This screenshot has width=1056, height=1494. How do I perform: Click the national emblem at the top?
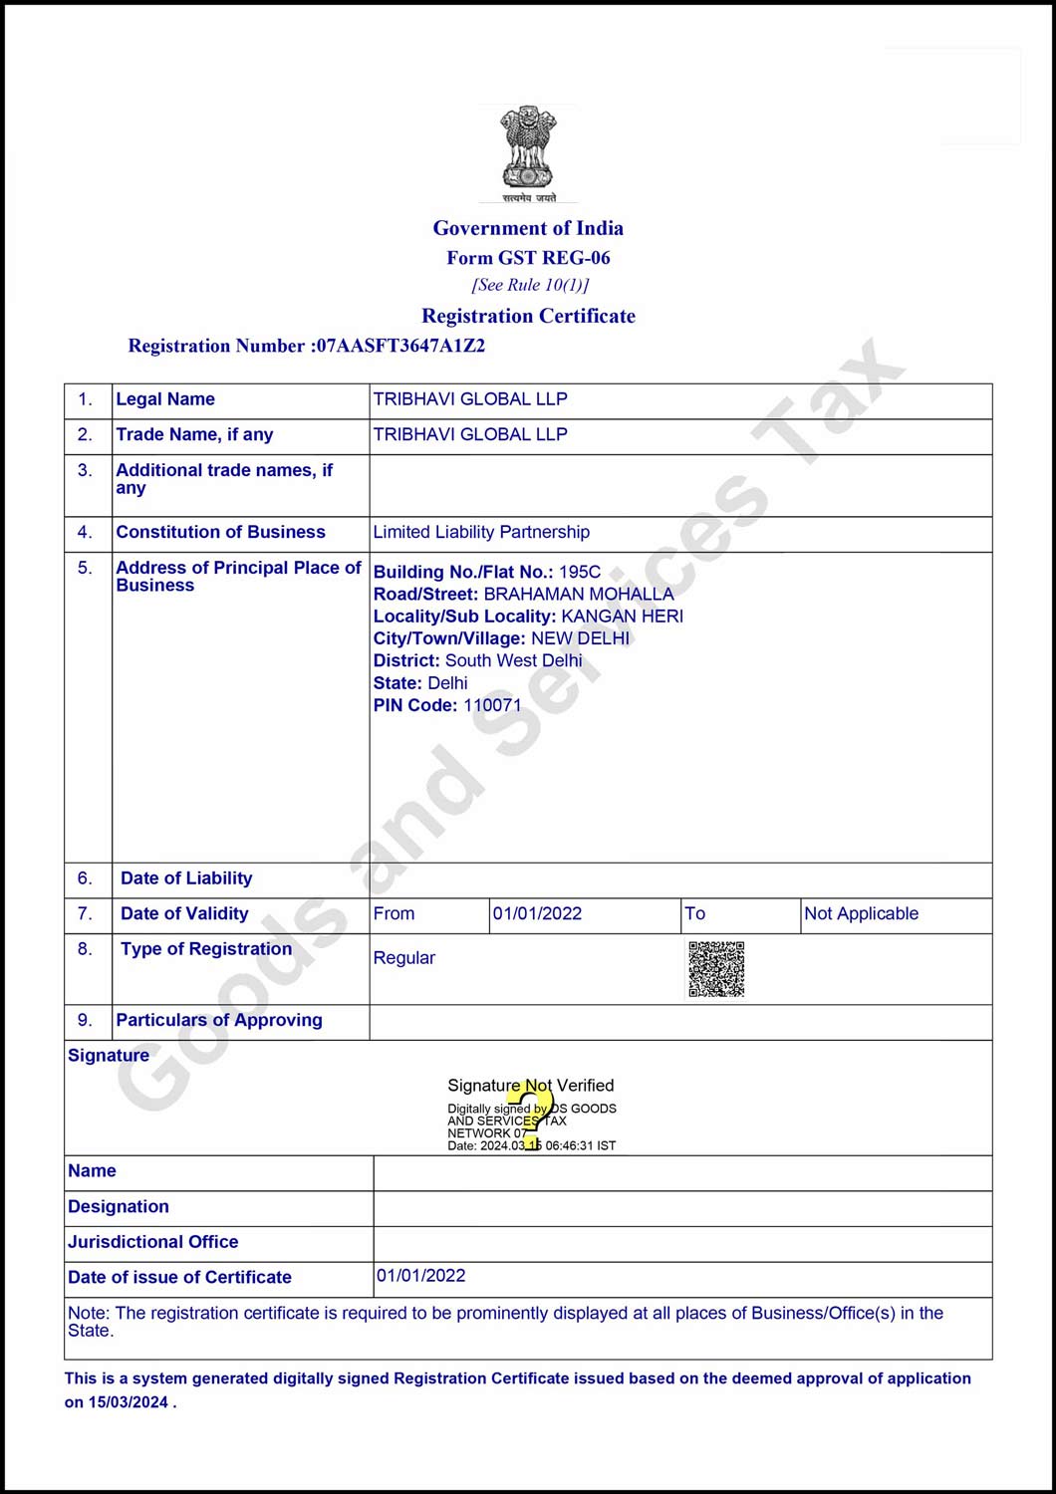528,152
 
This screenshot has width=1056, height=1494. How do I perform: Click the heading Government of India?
528,228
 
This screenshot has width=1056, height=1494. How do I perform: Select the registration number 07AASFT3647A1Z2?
400,347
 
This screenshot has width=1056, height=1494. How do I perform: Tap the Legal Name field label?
165,399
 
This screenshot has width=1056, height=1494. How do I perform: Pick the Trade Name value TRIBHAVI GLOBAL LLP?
470,435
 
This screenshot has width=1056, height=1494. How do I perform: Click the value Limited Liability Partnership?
481,532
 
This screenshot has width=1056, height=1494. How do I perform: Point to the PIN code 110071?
492,705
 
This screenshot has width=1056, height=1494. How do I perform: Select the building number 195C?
580,572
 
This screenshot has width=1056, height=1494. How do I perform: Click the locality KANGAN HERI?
622,617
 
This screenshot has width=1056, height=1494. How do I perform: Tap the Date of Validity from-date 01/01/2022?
537,914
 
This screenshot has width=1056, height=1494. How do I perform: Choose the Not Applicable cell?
861,914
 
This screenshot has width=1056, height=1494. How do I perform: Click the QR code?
716,968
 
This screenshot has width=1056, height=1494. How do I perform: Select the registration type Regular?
404,958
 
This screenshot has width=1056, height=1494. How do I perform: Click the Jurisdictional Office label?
153,1242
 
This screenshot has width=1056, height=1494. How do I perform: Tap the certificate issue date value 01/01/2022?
421,1276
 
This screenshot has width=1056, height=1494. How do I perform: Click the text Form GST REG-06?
528,258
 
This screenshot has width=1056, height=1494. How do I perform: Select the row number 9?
85,1021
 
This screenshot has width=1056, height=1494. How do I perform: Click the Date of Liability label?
186,878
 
